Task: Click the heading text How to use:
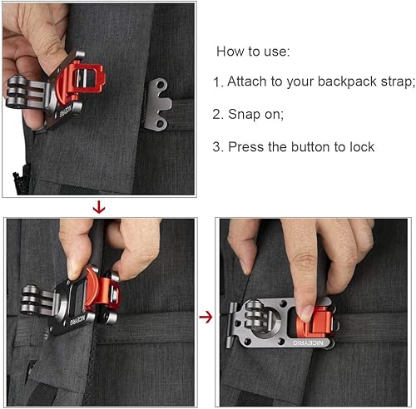pyautogui.click(x=253, y=52)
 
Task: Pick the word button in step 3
pyautogui.click(x=310, y=147)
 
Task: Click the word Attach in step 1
pyautogui.click(x=251, y=83)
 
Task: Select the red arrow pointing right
pyautogui.click(x=206, y=316)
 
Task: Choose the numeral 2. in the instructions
pyautogui.click(x=219, y=115)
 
